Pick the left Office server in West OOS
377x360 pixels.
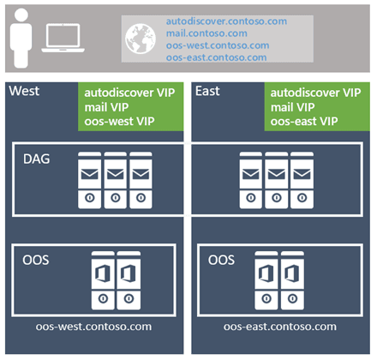point(102,281)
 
